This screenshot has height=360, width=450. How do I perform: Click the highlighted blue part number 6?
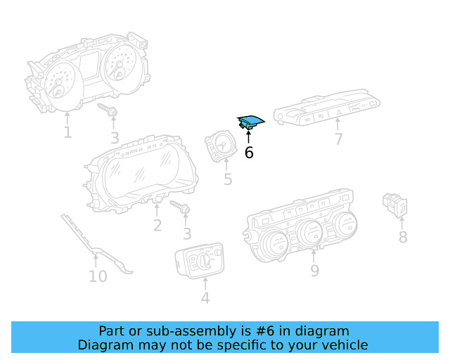pos(250,123)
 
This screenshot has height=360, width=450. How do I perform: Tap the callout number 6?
pos(249,152)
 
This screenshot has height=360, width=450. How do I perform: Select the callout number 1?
pos(67,132)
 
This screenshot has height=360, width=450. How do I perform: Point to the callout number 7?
pos(338,139)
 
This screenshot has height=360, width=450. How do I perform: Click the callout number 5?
pos(228,180)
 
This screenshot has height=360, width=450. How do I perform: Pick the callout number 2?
pos(157,225)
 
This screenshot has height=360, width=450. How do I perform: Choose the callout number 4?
pos(205,298)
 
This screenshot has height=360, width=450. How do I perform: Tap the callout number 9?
pos(314,270)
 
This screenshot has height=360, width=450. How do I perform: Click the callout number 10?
pos(98,276)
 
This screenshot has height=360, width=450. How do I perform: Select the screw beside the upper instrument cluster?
pos(108,110)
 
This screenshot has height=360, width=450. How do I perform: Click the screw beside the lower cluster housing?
pos(181,208)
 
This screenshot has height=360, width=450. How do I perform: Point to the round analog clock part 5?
pos(221,146)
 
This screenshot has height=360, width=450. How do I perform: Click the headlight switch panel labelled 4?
pos(200,262)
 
